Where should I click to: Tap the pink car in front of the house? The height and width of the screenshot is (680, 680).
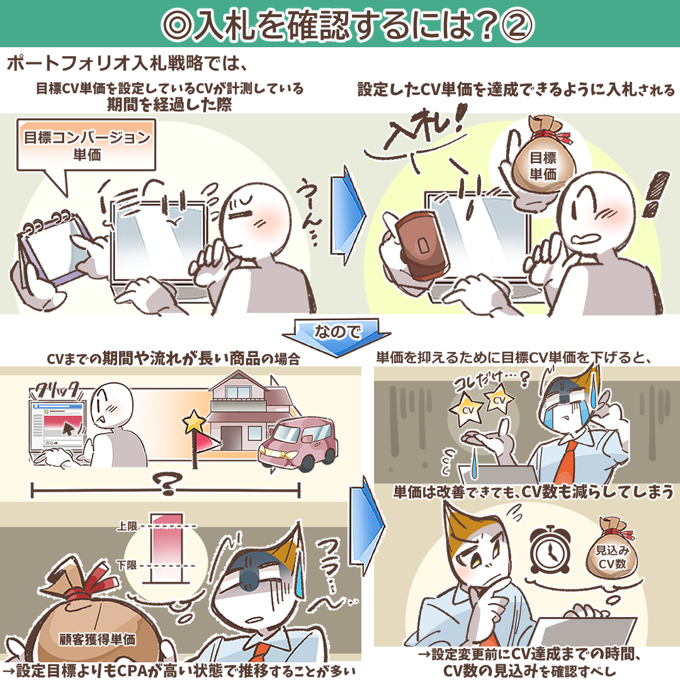tap(298, 444)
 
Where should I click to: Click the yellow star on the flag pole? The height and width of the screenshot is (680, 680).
tap(194, 422)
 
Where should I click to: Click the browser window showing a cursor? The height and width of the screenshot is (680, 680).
tap(57, 426)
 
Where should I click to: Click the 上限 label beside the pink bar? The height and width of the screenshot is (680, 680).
tap(127, 526)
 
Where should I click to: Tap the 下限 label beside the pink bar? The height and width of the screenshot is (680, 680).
tap(127, 565)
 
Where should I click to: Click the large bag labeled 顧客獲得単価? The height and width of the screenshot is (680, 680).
tap(96, 620)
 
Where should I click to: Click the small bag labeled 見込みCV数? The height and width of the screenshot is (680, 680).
tap(612, 548)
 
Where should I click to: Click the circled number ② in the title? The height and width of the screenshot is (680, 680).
tap(516, 25)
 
